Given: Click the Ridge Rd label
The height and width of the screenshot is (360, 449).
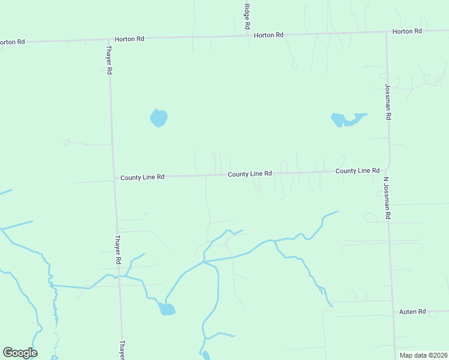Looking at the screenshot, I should pyautogui.click(x=246, y=17).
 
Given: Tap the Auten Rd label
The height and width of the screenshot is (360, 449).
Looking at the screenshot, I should pyautogui.click(x=412, y=312).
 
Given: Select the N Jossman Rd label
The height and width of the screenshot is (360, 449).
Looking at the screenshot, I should pyautogui.click(x=387, y=199).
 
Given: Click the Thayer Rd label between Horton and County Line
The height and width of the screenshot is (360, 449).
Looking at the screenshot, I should pyautogui.click(x=109, y=60).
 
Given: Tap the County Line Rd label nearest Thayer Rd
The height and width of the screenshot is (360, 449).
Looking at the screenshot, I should pyautogui.click(x=142, y=178).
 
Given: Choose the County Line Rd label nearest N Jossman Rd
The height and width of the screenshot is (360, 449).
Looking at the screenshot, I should pyautogui.click(x=357, y=171).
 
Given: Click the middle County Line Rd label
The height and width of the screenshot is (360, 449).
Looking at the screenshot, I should pyautogui.click(x=250, y=174).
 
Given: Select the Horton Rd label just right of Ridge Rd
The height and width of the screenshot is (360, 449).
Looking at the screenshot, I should pyautogui.click(x=268, y=35).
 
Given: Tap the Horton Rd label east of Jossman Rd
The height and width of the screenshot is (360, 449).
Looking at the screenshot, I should pyautogui.click(x=407, y=31).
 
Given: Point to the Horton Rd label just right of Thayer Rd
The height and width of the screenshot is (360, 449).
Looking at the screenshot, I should pyautogui.click(x=130, y=39).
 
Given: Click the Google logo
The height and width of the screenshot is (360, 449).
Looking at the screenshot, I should pyautogui.click(x=20, y=353).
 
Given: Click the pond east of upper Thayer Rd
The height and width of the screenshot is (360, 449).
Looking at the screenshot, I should pyautogui.click(x=158, y=118).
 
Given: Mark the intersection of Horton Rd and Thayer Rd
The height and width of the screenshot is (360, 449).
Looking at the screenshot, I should pyautogui.click(x=108, y=40).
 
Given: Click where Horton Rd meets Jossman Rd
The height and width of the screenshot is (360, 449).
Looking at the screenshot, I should pyautogui.click(x=385, y=32).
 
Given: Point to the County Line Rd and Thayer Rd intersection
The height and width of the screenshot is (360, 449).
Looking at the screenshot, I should pyautogui.click(x=114, y=178).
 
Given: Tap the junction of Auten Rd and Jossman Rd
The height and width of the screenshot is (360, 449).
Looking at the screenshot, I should pyautogui.click(x=394, y=313).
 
